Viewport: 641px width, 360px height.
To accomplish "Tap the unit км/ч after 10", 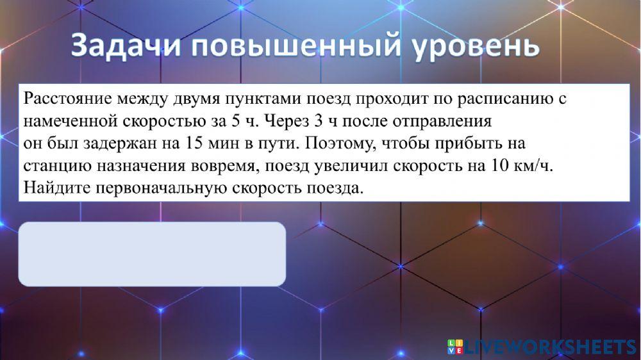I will pos(533,165).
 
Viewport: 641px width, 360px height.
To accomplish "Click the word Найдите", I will pos(54,188).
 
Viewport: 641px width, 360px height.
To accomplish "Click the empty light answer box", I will pos(152,254).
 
